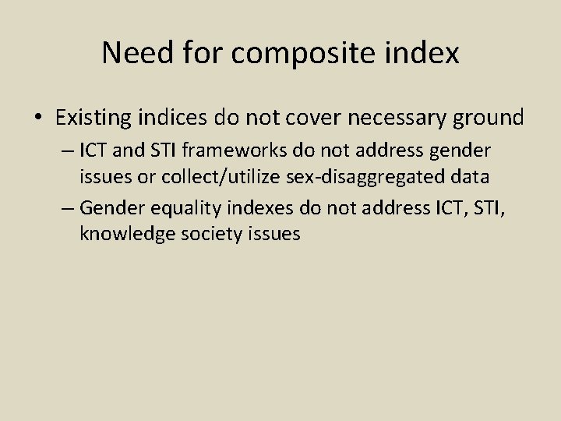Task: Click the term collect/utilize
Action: click(214, 177)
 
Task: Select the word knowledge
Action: click(122, 233)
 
